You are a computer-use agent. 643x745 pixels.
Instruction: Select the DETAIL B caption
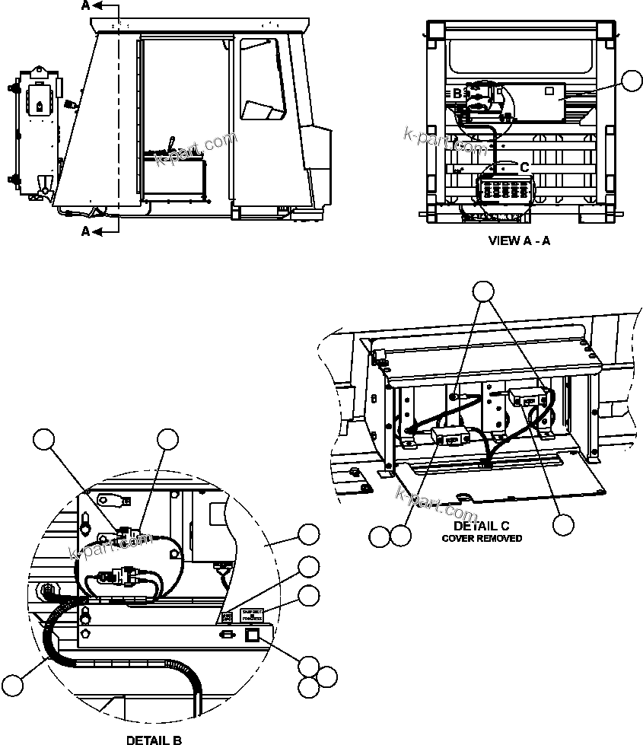pos(153,739)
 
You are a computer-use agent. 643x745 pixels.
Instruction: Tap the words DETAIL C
pos(481,526)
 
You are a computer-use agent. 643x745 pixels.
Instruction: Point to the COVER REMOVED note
pos(482,538)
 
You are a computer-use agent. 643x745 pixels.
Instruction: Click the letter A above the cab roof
pos(85,6)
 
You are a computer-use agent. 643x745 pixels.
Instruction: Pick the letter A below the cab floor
pos(85,231)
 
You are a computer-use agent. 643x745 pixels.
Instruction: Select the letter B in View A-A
pos(457,94)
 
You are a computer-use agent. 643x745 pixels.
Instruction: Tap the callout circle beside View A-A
pos(632,81)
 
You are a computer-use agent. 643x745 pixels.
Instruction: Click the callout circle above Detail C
pos(483,291)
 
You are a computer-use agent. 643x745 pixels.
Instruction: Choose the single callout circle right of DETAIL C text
pos(563,524)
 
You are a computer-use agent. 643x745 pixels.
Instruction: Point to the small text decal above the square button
pos(252,615)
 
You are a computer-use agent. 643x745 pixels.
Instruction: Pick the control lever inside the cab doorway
pos(173,144)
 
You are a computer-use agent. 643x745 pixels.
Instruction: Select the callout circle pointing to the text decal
pos(308,596)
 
